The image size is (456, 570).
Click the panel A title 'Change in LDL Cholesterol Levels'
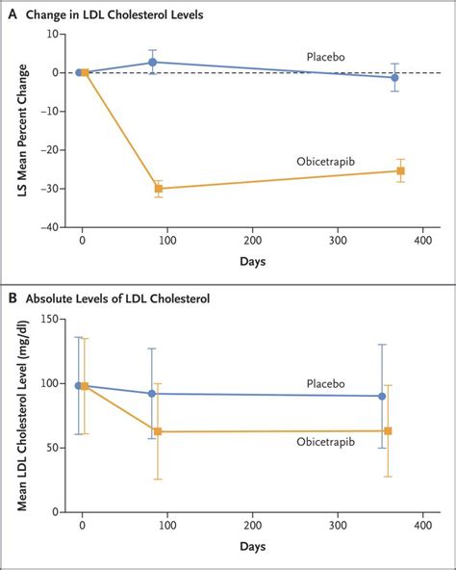pyautogui.click(x=133, y=13)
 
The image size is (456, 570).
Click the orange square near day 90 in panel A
pyautogui.click(x=159, y=189)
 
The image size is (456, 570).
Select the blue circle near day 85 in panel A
pyautogui.click(x=152, y=62)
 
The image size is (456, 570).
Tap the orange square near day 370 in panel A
pyautogui.click(x=400, y=170)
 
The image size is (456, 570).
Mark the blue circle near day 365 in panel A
pyautogui.click(x=395, y=77)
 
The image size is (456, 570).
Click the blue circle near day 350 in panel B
pyautogui.click(x=382, y=396)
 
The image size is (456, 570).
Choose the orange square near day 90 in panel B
pyautogui.click(x=158, y=431)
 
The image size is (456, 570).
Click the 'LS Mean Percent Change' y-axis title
pyautogui.click(x=19, y=130)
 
